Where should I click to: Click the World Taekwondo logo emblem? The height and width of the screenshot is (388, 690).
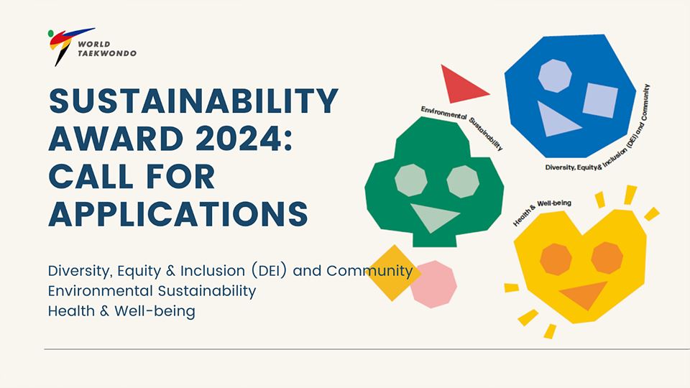click(66, 46)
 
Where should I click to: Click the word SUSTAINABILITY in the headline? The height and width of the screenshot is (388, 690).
click(193, 101)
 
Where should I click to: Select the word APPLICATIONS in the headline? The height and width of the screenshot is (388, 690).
click(178, 214)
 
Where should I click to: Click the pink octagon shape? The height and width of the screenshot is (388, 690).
click(434, 285)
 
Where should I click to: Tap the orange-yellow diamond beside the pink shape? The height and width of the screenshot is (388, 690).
click(393, 273)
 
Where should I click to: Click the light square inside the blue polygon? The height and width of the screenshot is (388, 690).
click(600, 100)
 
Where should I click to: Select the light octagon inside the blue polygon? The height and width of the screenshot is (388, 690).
click(555, 75)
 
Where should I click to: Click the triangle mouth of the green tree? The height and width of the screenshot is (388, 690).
click(434, 217)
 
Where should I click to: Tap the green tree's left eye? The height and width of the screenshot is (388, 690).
click(411, 180)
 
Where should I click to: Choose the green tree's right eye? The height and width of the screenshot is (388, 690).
click(463, 181)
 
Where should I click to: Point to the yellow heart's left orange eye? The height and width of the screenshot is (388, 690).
click(556, 259)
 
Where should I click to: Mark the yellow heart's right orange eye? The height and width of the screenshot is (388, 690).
click(607, 258)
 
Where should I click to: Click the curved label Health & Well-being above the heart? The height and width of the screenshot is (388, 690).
click(542, 211)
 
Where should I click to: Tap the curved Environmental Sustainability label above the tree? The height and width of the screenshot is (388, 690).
click(463, 125)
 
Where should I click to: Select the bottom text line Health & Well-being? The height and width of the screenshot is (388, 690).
click(121, 311)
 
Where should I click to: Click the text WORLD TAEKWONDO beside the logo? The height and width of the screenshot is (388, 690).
click(107, 48)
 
